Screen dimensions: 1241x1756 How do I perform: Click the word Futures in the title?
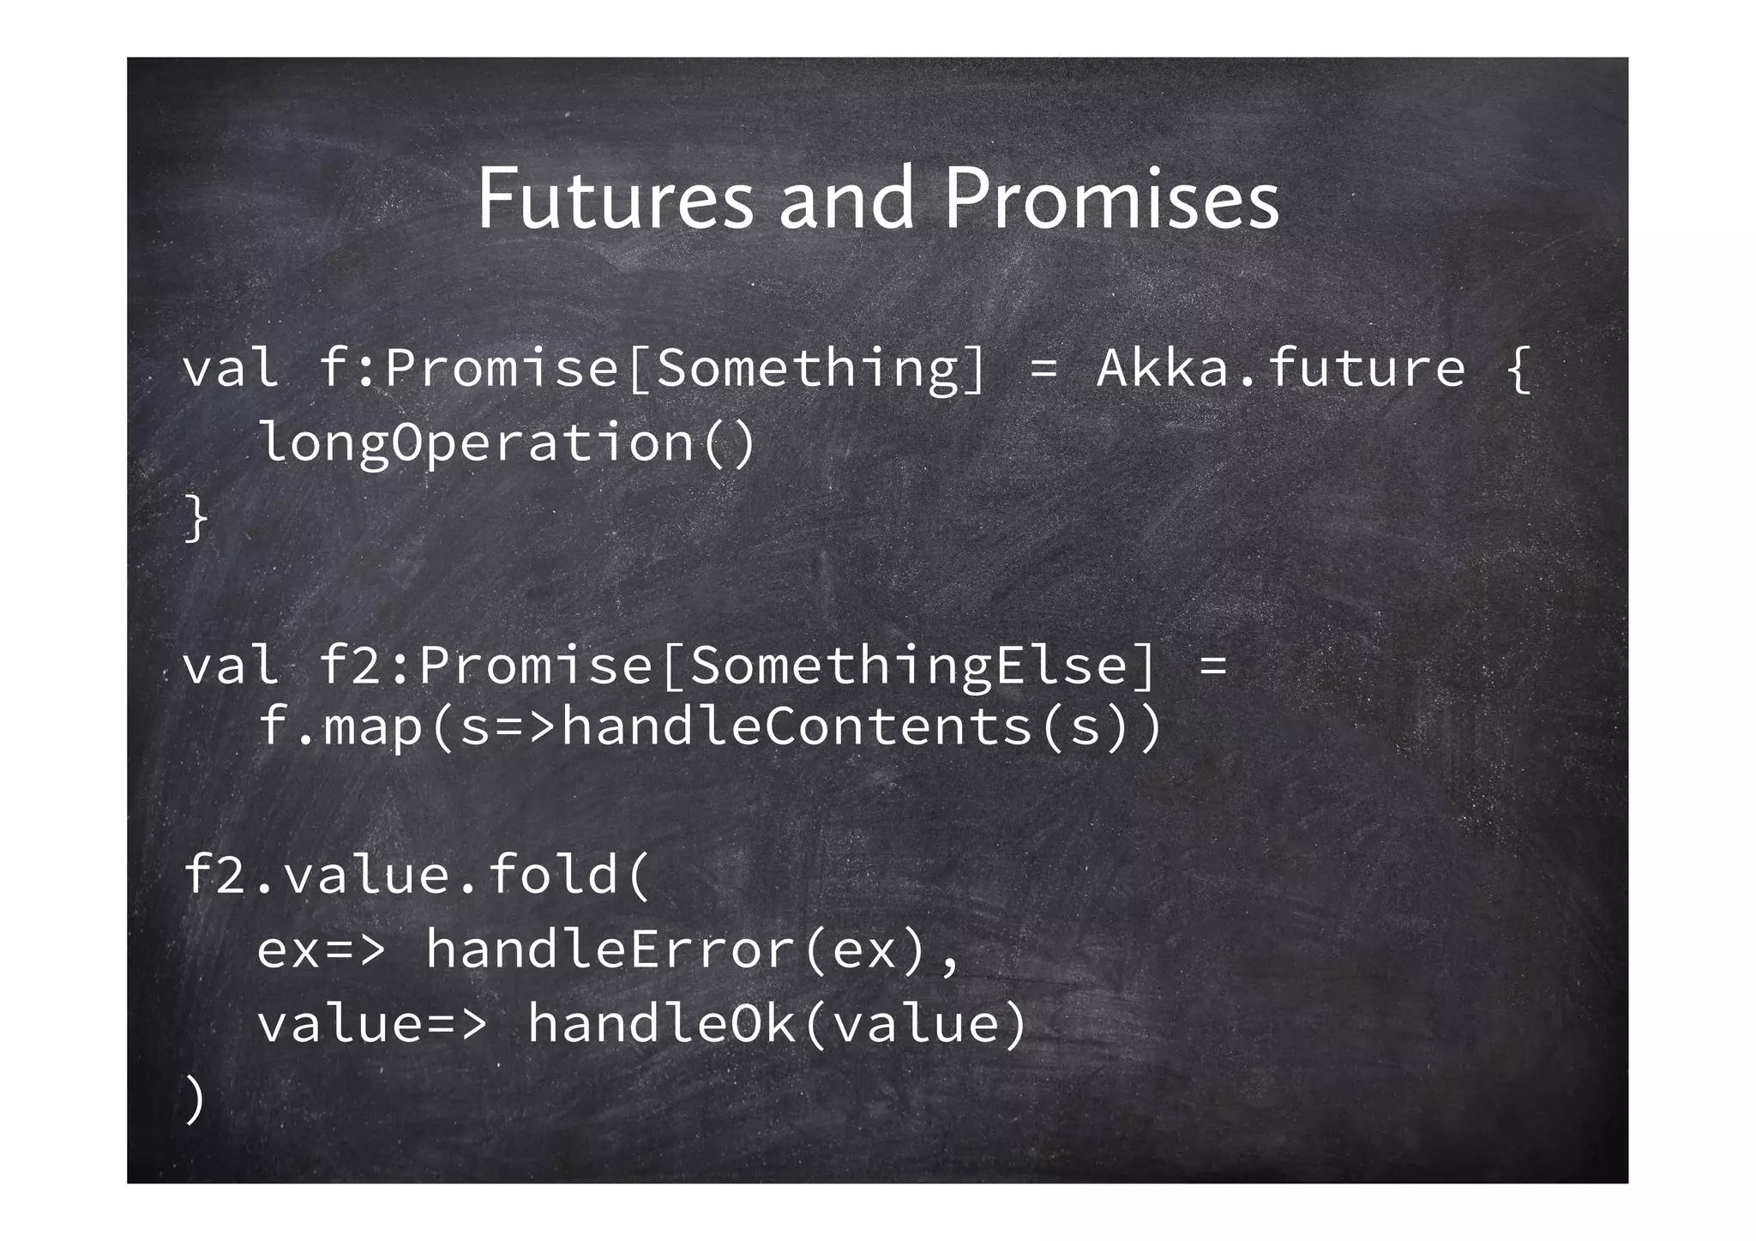[615, 199]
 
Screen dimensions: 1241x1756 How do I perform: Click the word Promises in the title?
[1112, 199]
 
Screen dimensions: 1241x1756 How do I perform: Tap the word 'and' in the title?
[846, 199]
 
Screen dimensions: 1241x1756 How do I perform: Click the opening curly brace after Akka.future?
[1518, 369]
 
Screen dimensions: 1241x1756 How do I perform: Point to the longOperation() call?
[506, 443]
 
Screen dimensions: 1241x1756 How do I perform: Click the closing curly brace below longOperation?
[196, 519]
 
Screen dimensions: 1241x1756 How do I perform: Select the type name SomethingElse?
[909, 666]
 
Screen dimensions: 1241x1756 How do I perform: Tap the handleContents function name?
[797, 726]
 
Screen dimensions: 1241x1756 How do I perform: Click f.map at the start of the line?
[340, 726]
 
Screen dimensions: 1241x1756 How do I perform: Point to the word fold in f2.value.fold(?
[553, 876]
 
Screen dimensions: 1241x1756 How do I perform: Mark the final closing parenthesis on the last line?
[195, 1099]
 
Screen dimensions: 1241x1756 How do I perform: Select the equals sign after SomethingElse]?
[1213, 666]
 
